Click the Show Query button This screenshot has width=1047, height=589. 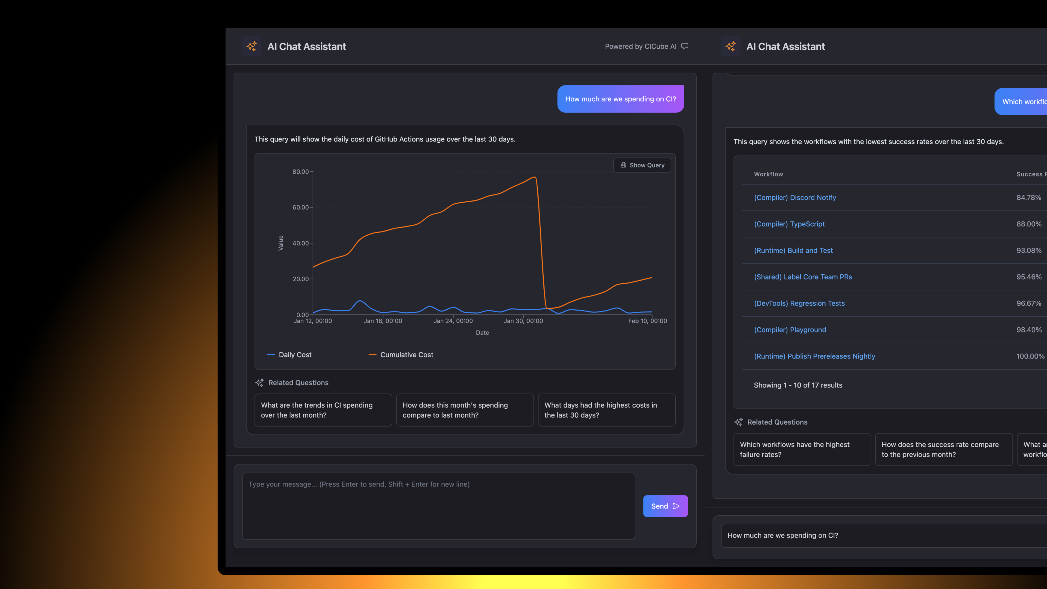pyautogui.click(x=642, y=165)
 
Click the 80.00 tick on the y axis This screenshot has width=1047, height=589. pyautogui.click(x=300, y=172)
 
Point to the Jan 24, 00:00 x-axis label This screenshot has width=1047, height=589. pyautogui.click(x=453, y=321)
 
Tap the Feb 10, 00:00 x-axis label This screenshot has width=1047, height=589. pyautogui.click(x=647, y=321)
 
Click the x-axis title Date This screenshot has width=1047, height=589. pyautogui.click(x=482, y=332)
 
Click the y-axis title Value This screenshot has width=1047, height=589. pyautogui.click(x=281, y=243)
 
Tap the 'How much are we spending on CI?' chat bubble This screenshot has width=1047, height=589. pyautogui.click(x=620, y=99)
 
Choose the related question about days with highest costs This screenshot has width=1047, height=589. pyautogui.click(x=606, y=410)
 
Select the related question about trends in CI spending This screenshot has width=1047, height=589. pyautogui.click(x=323, y=410)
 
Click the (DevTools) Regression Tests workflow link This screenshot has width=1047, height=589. pyautogui.click(x=799, y=303)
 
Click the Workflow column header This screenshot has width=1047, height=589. pyautogui.click(x=768, y=174)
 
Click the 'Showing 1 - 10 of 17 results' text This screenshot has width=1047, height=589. pyautogui.click(x=798, y=385)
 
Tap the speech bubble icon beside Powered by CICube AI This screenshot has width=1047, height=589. pyautogui.click(x=685, y=46)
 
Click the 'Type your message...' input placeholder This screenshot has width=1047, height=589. pyautogui.click(x=359, y=484)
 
